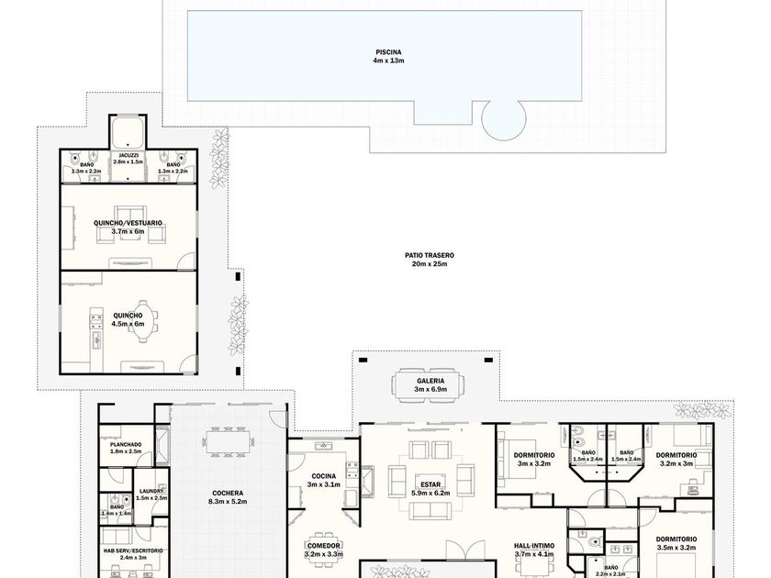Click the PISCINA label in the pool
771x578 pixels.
tap(388, 52)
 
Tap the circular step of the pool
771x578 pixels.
tap(504, 119)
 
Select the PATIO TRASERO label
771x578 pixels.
tap(430, 256)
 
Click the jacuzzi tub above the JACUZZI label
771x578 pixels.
tap(128, 132)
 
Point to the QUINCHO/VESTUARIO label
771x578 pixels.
tap(128, 223)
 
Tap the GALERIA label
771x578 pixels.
tap(430, 381)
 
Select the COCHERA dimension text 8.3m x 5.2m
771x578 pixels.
tap(228, 502)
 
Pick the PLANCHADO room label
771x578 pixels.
tap(126, 445)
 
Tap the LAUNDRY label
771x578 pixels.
tap(151, 491)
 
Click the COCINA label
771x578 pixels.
tap(323, 476)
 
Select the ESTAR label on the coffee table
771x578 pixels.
tap(430, 484)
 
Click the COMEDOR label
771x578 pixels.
tap(323, 546)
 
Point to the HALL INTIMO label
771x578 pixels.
tap(534, 546)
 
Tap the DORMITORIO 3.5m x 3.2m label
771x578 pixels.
tap(676, 543)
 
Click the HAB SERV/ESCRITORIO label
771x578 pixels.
tap(133, 551)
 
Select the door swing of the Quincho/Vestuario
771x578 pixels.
tap(186, 261)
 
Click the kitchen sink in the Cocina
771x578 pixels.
tap(323, 446)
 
